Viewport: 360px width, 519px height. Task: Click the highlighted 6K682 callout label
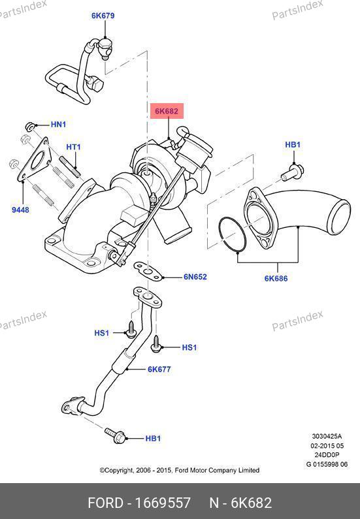[167, 111]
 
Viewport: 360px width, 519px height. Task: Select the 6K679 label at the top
[103, 16]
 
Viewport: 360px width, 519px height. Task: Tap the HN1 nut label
[58, 125]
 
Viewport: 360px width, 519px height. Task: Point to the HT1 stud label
[73, 147]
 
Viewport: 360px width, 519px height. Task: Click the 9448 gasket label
[20, 210]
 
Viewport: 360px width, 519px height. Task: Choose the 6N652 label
[195, 277]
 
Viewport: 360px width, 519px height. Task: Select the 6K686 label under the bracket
[276, 278]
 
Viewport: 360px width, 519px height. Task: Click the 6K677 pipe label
[159, 369]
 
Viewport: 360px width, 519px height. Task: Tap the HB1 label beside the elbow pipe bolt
[293, 145]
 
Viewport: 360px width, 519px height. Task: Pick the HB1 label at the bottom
[153, 438]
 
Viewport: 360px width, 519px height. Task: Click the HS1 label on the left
[102, 333]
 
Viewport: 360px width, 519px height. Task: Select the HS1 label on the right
[189, 347]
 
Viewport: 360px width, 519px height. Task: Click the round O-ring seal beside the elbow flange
[220, 232]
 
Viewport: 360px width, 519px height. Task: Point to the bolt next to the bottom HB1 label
[115, 435]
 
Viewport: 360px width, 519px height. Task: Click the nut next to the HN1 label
[30, 126]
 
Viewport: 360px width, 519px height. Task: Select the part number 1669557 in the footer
[163, 503]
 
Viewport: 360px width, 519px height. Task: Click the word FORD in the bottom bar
[105, 503]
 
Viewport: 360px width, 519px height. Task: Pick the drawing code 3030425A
[327, 436]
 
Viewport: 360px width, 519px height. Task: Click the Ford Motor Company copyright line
[180, 470]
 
